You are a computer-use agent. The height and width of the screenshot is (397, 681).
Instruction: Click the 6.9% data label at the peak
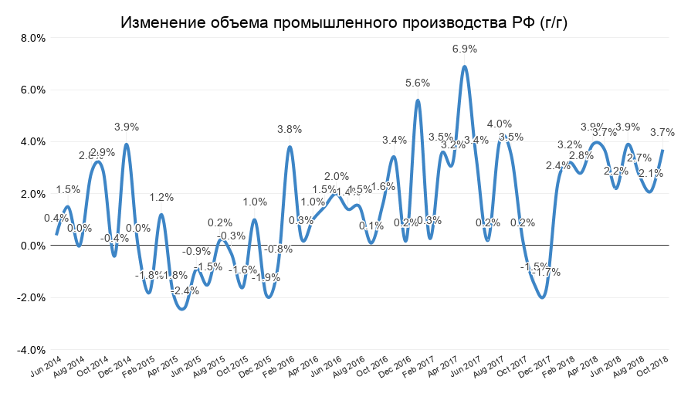point(464,49)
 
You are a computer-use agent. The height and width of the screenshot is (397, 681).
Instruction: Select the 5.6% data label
point(418,83)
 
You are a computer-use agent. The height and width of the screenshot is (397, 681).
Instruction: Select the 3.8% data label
point(290,129)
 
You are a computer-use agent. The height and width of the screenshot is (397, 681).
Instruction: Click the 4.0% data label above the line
point(499,124)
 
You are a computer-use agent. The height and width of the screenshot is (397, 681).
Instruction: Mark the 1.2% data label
point(161,197)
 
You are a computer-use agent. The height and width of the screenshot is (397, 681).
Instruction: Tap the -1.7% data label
point(546,272)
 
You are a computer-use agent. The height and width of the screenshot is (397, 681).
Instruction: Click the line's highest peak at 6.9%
point(464,66)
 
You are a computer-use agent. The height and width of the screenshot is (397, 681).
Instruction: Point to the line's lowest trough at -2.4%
point(182,308)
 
